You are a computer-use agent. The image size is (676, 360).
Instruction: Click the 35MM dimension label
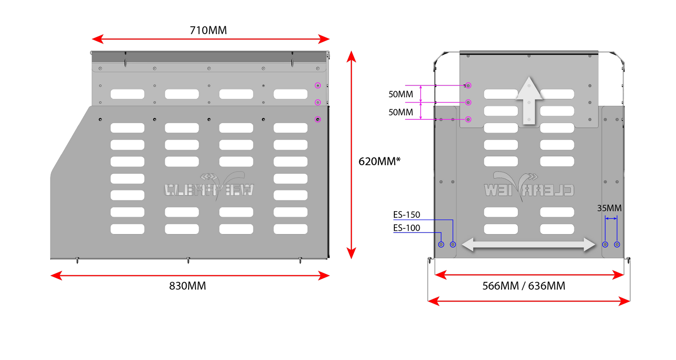click(610, 208)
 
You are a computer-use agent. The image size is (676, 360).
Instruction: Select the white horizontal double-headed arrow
click(529, 244)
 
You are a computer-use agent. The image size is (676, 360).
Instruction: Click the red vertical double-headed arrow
click(351, 154)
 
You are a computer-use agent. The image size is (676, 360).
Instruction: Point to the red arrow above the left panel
click(211, 38)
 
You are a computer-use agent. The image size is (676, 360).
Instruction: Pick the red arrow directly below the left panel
click(190, 276)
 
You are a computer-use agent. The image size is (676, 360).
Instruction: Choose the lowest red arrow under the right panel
click(529, 301)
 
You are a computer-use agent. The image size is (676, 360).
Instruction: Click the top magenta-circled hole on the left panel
click(318, 86)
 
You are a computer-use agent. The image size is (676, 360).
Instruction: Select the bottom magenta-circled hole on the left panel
click(318, 119)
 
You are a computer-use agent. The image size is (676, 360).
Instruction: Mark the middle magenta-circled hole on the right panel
click(468, 103)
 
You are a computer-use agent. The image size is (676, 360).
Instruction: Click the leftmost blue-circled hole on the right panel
click(441, 244)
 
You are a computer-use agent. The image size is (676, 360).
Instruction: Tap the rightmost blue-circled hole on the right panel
click(617, 244)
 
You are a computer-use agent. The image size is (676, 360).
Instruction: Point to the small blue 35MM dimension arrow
click(611, 218)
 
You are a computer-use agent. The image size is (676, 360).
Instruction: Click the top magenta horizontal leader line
click(435, 86)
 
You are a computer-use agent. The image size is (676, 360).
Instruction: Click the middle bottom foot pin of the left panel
click(188, 261)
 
